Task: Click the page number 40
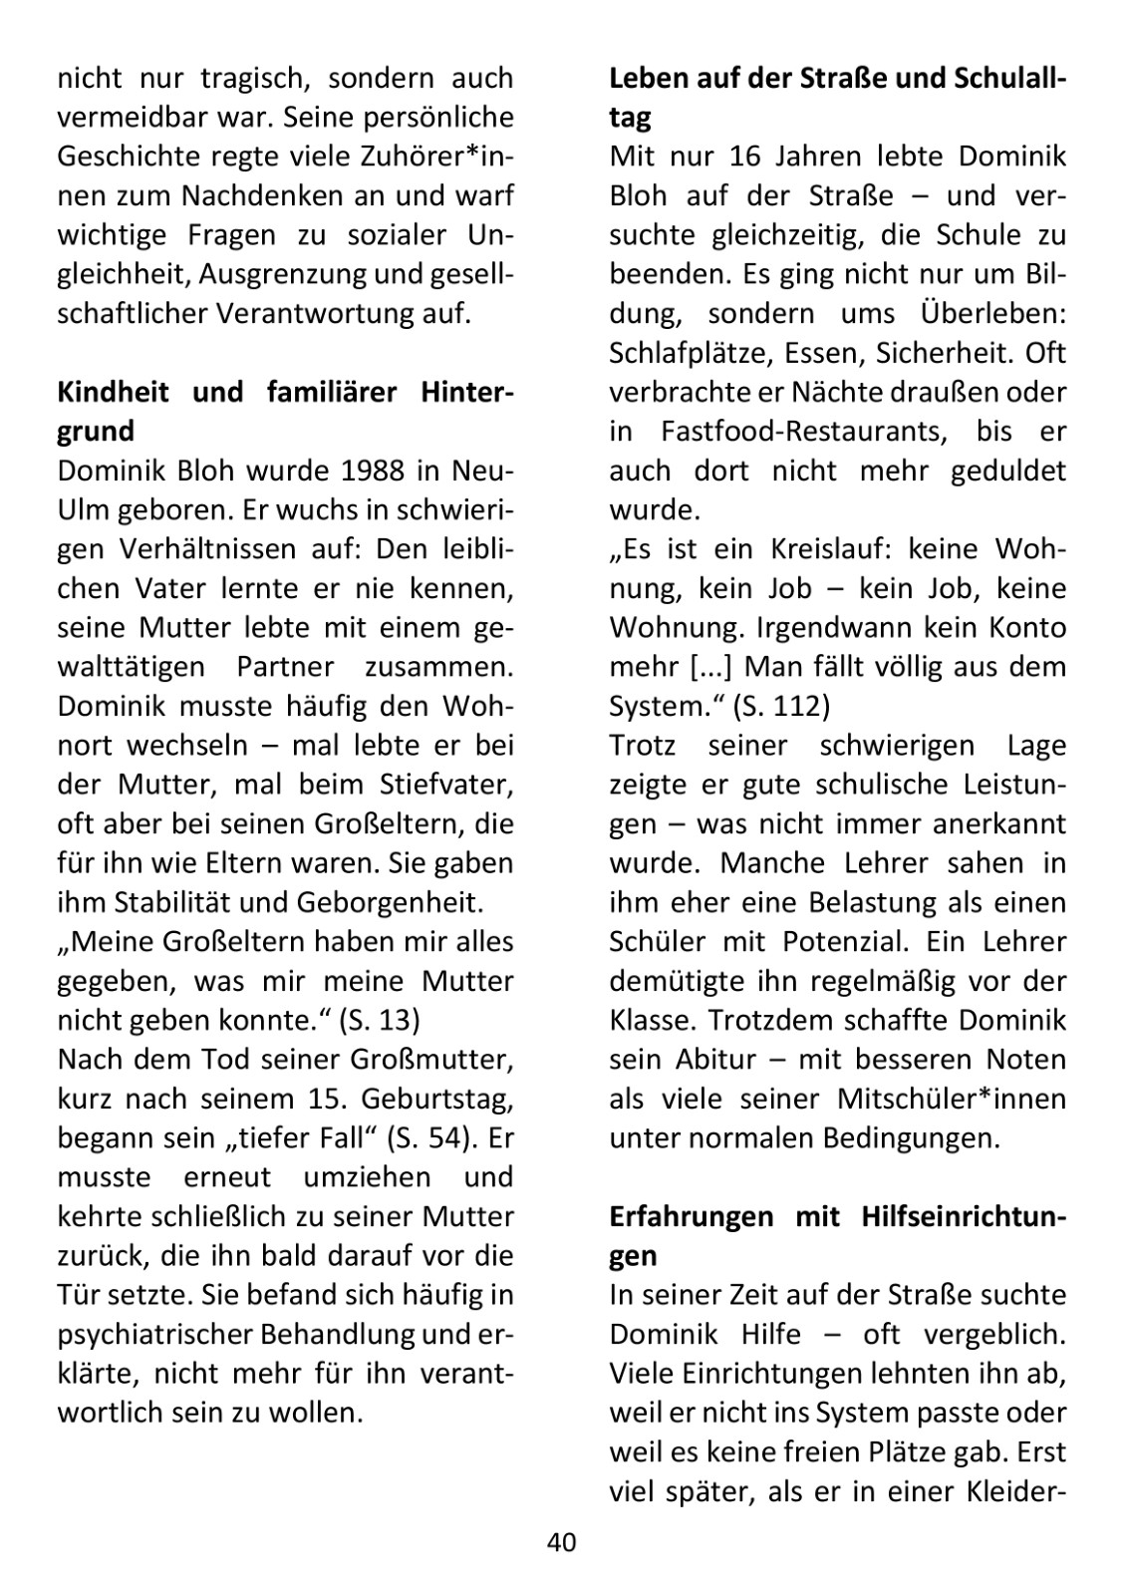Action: pos(561,1543)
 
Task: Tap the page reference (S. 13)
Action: pos(379,1020)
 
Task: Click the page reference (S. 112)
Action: pos(780,706)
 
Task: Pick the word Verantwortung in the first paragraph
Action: pos(287,313)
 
